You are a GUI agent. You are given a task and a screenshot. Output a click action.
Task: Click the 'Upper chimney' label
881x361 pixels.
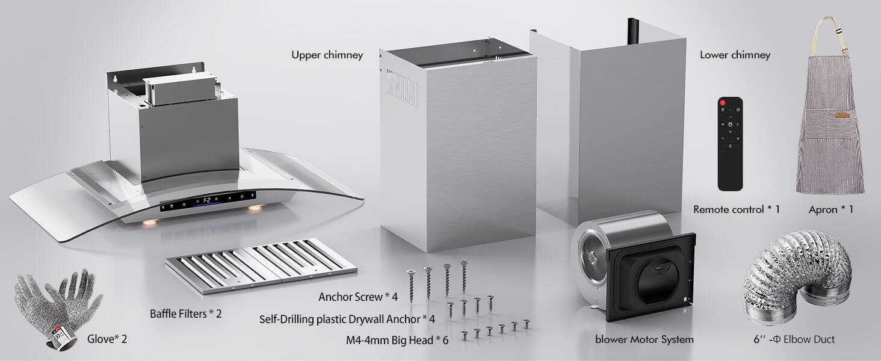(x=327, y=55)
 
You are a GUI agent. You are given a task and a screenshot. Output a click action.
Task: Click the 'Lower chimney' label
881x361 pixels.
(x=735, y=55)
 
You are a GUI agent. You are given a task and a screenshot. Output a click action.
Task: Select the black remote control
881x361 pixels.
(x=730, y=144)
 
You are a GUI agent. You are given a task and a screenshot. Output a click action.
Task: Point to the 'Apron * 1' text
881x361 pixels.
(x=831, y=209)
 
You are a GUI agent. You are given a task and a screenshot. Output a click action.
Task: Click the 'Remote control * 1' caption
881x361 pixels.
(x=736, y=209)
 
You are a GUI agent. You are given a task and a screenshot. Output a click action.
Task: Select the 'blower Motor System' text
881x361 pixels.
(x=645, y=339)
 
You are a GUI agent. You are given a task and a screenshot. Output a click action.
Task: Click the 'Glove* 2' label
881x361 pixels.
(x=107, y=339)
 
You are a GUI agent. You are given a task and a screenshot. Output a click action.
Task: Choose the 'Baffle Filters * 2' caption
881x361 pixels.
(x=185, y=313)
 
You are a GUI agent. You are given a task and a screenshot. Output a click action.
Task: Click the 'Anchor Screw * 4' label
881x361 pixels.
(x=358, y=297)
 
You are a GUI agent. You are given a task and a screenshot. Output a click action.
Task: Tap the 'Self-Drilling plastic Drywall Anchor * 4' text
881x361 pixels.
(x=347, y=319)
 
